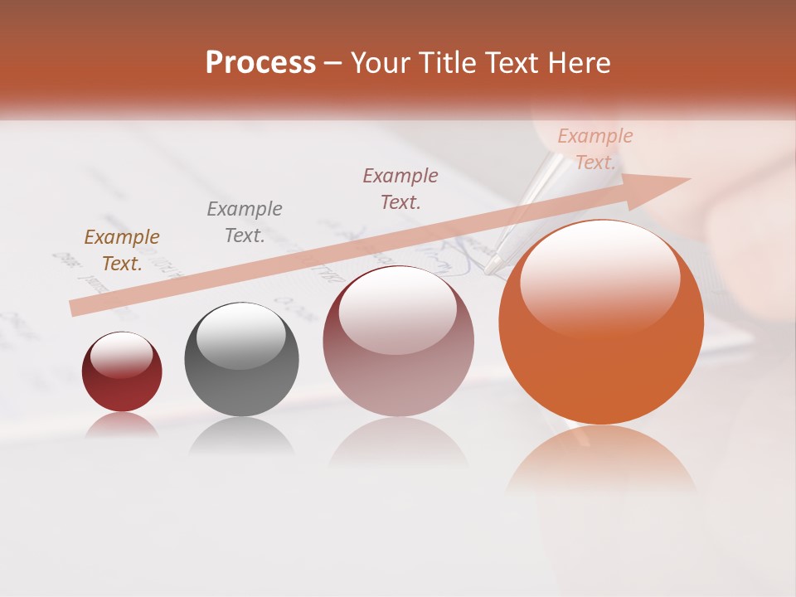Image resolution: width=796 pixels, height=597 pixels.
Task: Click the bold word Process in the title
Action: tap(260, 63)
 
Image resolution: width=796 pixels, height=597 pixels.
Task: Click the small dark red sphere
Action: tap(122, 372)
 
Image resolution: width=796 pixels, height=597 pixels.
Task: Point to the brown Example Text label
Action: tap(122, 250)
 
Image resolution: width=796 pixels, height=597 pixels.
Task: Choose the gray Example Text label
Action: tap(245, 222)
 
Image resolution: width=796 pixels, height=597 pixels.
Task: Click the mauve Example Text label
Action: tap(400, 188)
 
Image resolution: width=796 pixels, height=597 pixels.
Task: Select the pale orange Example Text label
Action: tap(595, 149)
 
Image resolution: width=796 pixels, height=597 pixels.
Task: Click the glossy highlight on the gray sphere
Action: tap(240, 336)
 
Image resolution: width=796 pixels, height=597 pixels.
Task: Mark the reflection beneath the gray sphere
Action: tap(241, 435)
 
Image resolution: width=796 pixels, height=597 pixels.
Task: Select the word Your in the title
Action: tap(380, 63)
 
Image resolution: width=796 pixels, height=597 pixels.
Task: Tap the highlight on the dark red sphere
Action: tap(121, 354)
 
